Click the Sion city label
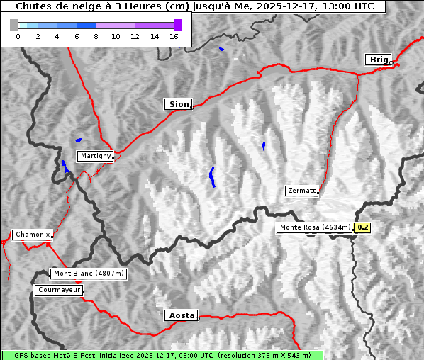point(179,104)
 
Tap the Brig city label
point(377,60)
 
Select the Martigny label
point(95,156)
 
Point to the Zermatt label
point(301,191)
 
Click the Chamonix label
point(32,235)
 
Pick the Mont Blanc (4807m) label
point(89,274)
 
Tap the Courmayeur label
point(59,290)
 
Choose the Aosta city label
point(181,315)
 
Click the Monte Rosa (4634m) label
point(315,227)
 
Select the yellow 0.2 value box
point(363,227)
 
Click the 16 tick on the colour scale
point(174,36)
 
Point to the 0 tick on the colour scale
point(18,36)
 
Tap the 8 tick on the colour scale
point(96,36)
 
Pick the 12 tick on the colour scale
point(135,36)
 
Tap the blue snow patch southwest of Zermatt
point(212,176)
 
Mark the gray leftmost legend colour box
point(14,25)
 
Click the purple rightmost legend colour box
point(177,25)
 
